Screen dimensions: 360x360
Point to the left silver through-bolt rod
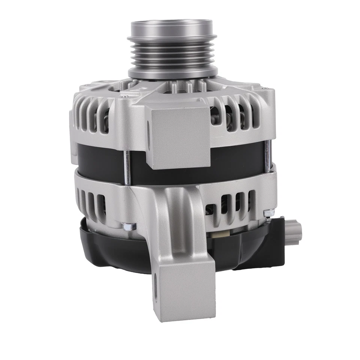pyautogui.click(x=127, y=165)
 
